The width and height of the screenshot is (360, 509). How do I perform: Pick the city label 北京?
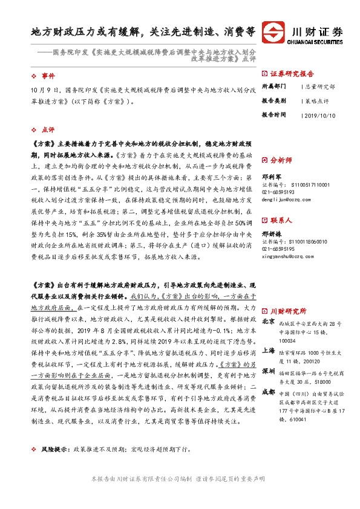pyautogui.click(x=269, y=322)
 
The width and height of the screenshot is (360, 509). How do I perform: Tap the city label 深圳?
pyautogui.click(x=269, y=370)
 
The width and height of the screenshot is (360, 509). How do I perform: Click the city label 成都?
pyautogui.click(x=269, y=391)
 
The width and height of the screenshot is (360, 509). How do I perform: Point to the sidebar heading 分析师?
pyautogui.click(x=281, y=160)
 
